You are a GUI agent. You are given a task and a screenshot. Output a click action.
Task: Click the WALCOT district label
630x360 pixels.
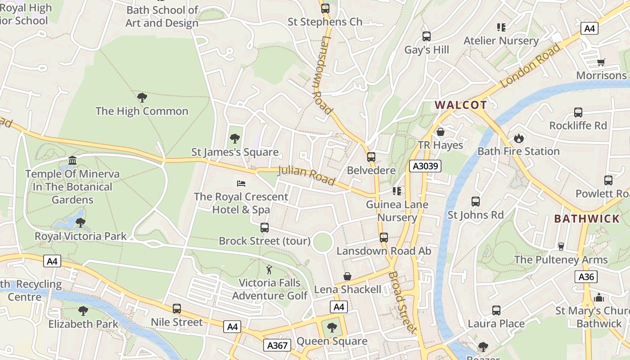point(460,105)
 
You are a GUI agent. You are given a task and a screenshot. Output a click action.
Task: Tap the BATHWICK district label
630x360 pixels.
point(587,219)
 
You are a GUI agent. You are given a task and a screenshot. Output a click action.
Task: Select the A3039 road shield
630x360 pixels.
point(425,166)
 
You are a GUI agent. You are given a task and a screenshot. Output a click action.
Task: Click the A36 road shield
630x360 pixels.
point(586,276)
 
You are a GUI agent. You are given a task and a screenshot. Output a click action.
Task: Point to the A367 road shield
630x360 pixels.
point(277,345)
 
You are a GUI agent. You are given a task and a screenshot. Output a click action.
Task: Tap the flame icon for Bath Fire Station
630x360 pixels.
point(519,138)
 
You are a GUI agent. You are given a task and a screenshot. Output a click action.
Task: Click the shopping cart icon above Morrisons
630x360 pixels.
point(601,62)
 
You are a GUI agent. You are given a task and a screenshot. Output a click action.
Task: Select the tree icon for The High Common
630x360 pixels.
point(142,97)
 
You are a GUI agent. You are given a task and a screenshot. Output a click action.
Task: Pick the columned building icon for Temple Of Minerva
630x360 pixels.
point(72,161)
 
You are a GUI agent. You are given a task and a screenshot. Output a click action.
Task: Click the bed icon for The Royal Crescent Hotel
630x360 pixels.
point(241,184)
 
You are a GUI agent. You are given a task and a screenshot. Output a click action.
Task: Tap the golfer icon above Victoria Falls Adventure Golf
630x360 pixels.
point(269,270)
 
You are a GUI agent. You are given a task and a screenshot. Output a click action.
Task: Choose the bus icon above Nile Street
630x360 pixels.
point(177,309)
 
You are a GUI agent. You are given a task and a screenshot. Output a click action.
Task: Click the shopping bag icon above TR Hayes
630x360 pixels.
point(441,132)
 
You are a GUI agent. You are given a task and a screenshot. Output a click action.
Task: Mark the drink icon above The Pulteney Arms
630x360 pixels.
point(561,246)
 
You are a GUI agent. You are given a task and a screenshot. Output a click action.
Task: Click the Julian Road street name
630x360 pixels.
point(306,175)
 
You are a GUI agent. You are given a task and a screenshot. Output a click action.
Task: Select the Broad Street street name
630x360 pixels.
point(403,301)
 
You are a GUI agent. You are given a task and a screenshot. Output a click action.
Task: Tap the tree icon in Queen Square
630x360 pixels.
point(332,327)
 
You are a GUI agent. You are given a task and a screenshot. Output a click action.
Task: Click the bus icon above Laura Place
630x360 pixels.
point(496,310)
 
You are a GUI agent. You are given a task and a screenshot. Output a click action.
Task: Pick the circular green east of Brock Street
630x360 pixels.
point(323,242)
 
